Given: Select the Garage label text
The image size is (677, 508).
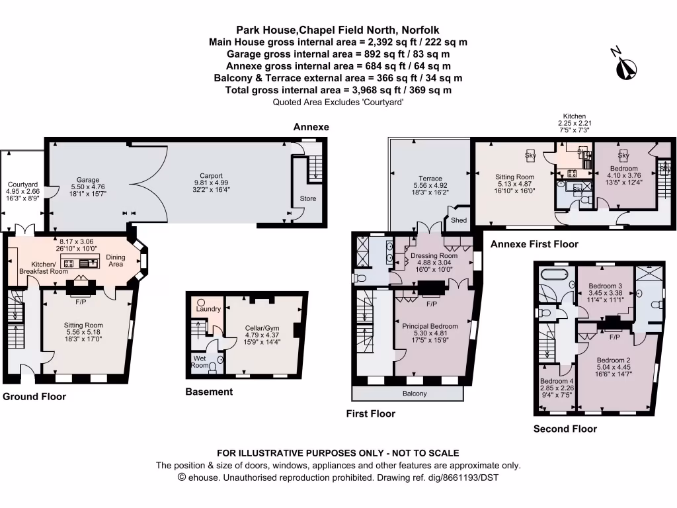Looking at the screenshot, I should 87,180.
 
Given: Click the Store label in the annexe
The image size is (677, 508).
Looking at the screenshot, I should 307,198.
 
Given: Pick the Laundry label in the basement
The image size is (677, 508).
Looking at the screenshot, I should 208,309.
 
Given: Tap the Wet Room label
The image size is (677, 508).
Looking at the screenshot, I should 200,360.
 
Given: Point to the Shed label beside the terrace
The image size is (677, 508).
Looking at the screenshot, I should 458,220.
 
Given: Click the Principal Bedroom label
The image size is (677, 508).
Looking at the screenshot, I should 430,325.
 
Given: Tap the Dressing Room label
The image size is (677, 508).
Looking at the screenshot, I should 434,255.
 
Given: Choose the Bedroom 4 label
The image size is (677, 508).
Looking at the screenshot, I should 556,382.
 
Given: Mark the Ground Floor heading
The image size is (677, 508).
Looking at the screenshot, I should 34,397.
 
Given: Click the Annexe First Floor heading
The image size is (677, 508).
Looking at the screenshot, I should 534,244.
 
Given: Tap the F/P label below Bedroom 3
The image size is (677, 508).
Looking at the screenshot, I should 614,337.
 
